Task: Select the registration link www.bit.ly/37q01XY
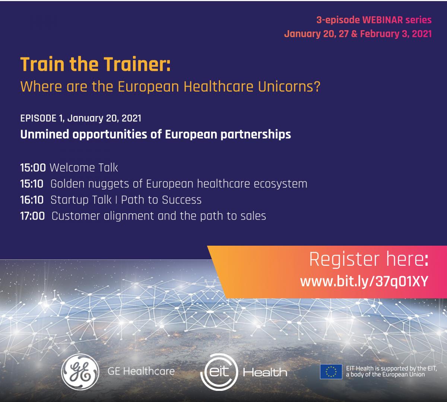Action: tap(364, 281)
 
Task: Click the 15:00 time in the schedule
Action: tap(33, 168)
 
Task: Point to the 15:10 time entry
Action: tap(32, 184)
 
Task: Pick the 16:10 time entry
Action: tap(32, 200)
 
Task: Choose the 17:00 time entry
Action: tap(32, 216)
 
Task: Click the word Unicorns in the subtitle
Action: tap(289, 86)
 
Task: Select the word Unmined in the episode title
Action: tap(45, 134)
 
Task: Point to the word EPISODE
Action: tap(38, 118)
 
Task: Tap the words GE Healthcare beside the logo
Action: tap(141, 371)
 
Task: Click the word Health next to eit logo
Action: tap(265, 372)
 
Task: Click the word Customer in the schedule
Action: tap(76, 216)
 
